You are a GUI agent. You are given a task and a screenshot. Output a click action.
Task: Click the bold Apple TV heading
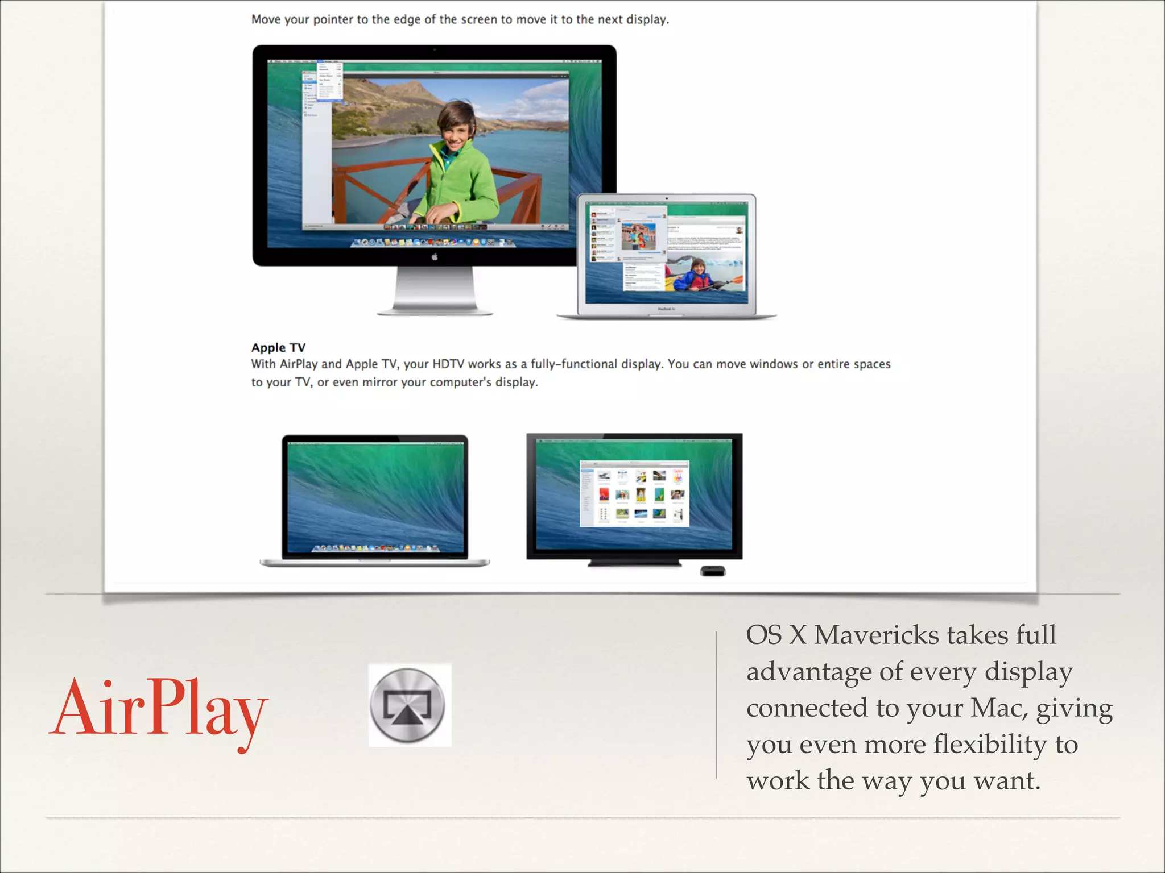tap(278, 347)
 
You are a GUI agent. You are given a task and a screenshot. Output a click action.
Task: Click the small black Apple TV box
tap(712, 571)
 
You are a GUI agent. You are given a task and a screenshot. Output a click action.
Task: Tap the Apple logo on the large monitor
tap(435, 257)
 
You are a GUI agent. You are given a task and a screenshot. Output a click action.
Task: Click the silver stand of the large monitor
tap(435, 290)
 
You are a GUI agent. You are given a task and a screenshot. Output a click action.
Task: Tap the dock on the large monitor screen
tap(435, 243)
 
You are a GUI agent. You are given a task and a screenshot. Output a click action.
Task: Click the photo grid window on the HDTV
tap(634, 493)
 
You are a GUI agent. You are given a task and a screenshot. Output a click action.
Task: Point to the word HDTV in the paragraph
tap(448, 364)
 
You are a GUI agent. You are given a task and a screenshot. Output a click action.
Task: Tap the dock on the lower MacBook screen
tap(375, 548)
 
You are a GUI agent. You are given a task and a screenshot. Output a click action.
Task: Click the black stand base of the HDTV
tap(634, 563)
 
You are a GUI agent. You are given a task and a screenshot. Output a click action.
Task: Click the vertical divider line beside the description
tap(716, 705)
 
